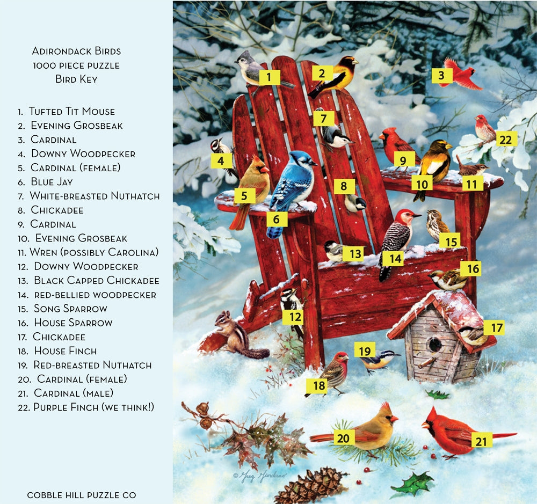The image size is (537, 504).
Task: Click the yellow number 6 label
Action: click(x=277, y=219)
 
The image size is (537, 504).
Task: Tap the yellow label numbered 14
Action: click(x=396, y=259)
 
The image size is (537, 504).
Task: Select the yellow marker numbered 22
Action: click(x=505, y=139)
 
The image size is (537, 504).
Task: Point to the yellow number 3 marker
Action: click(x=441, y=76)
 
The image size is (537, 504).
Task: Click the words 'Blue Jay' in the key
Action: click(x=52, y=182)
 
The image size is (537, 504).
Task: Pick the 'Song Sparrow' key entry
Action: click(x=70, y=309)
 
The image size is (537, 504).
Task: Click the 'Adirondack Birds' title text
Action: click(x=76, y=52)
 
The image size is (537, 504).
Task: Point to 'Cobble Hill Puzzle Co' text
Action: click(x=82, y=495)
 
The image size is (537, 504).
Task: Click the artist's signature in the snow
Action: click(x=260, y=475)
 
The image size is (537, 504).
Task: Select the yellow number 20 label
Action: click(x=343, y=438)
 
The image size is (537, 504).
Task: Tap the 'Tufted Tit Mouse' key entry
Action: click(x=71, y=112)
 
